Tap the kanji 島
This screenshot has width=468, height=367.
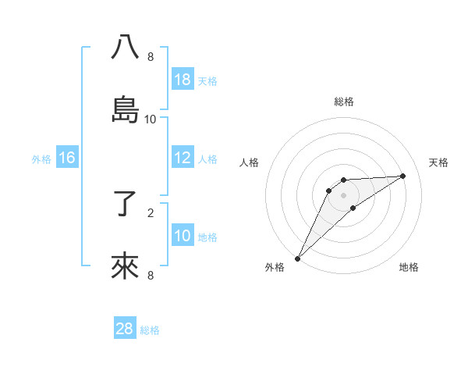126,110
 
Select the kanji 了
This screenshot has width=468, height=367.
126,205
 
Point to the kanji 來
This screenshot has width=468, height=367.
126,267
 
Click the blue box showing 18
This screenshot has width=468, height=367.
183,80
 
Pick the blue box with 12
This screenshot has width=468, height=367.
183,158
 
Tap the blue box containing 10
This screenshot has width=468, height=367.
183,236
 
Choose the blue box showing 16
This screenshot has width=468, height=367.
67,158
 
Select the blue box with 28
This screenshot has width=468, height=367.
125,329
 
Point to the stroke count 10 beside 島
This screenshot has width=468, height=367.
151,119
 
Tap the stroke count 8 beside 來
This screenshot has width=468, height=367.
151,275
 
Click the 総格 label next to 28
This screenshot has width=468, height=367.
150,330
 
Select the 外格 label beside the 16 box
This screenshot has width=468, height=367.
41,159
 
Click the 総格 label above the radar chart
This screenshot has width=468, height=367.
343,102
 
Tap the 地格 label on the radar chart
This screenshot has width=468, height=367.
409,268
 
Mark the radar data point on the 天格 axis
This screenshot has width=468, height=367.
403,176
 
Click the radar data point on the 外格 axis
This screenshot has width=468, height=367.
297,258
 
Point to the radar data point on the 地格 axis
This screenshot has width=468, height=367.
353,208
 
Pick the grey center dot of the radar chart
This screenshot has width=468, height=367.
343,194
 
